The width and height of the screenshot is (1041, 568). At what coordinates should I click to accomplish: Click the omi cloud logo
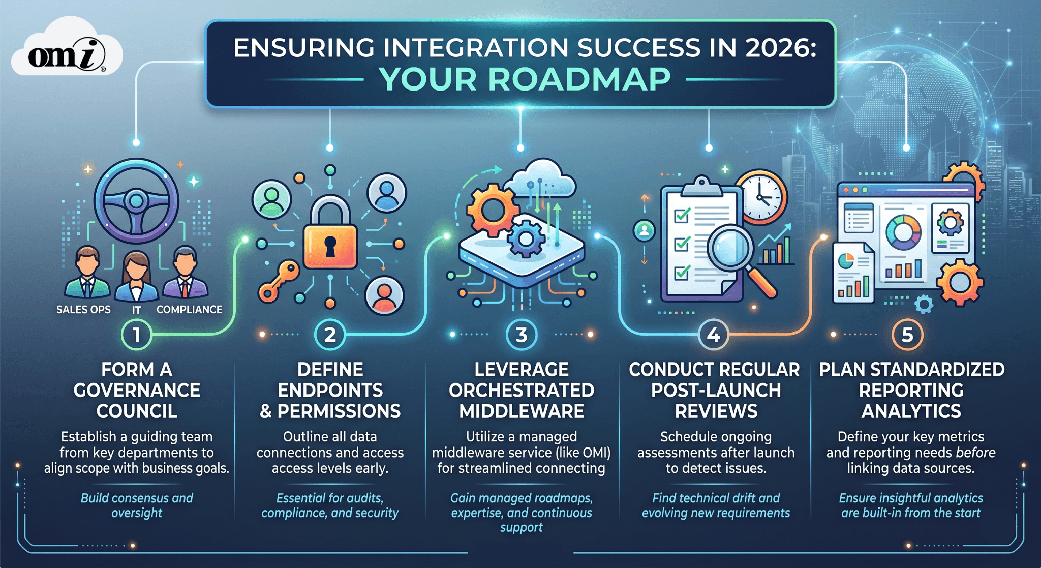(x=66, y=51)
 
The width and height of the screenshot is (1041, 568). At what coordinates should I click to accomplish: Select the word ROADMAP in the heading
(x=579, y=80)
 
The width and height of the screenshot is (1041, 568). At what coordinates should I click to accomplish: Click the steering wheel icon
(x=136, y=201)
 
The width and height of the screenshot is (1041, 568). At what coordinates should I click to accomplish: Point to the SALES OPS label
(x=83, y=310)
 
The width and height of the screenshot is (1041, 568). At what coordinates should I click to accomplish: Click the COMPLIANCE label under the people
(x=189, y=310)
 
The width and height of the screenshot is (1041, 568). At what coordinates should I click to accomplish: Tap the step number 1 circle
(x=136, y=335)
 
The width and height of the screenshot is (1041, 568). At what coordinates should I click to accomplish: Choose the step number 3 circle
(x=521, y=335)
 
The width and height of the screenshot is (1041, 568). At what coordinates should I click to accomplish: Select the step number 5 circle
(x=907, y=335)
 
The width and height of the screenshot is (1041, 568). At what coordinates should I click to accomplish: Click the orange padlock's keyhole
(x=330, y=246)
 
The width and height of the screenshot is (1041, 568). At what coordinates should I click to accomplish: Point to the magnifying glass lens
(x=730, y=247)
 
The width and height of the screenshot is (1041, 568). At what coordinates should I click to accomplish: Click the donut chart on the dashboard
(x=903, y=232)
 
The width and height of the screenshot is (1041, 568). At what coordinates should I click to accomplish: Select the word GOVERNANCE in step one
(x=137, y=390)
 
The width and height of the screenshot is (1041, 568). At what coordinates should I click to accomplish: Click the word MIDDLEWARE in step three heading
(x=522, y=411)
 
